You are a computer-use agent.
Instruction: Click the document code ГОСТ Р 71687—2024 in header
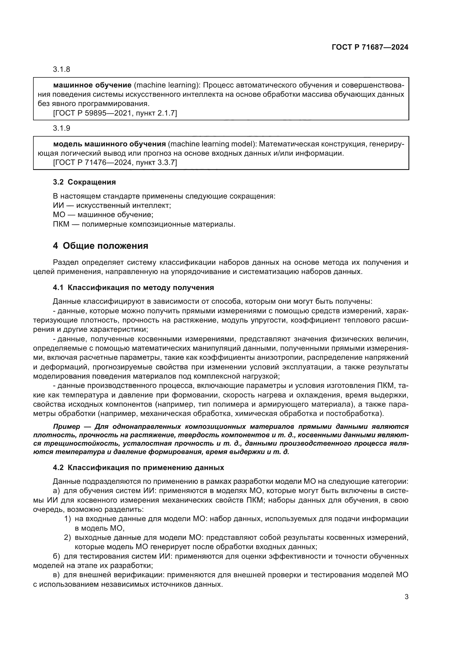[x=370, y=47]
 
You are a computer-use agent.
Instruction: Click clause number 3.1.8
[x=61, y=70]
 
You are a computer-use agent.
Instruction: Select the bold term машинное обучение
[x=92, y=85]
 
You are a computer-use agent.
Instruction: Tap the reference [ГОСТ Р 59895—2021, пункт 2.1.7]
[x=115, y=113]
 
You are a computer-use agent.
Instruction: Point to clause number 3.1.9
[x=61, y=128]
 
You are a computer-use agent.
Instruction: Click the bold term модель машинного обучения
[x=109, y=144]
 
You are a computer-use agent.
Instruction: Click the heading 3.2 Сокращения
[x=84, y=182]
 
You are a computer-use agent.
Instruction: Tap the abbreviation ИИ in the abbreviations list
[x=57, y=205]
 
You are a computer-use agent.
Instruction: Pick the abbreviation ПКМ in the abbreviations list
[x=61, y=224]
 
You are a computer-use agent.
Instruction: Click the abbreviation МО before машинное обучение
[x=59, y=215]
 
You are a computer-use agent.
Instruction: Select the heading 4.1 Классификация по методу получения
[x=133, y=287]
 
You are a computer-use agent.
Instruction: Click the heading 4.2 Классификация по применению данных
[x=138, y=468]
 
